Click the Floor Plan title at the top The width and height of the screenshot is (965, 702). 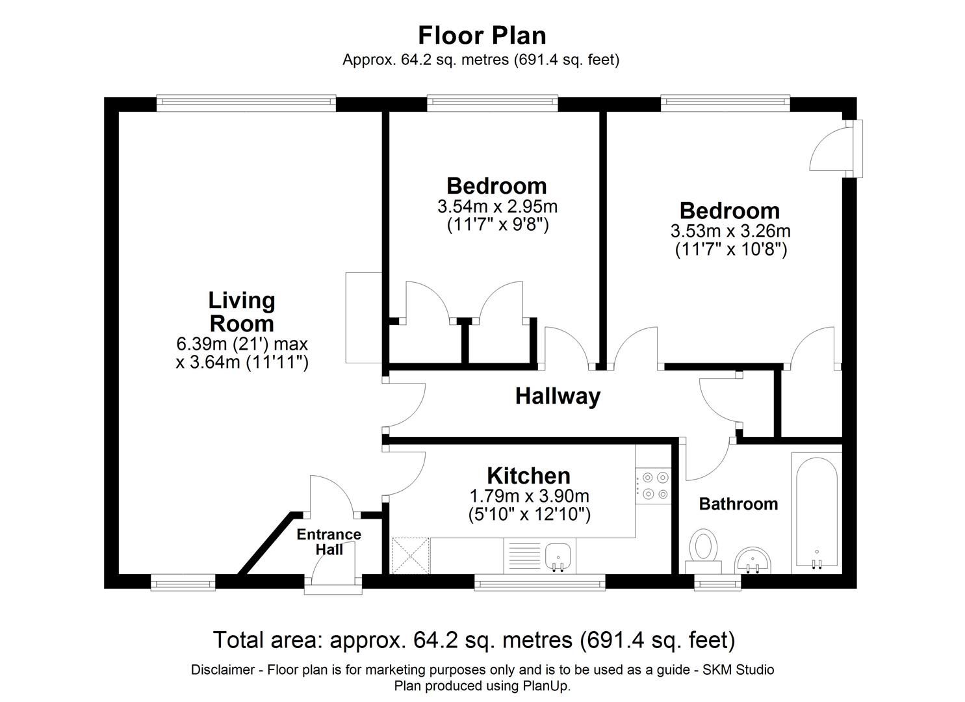(x=482, y=35)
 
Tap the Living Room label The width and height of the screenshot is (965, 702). (x=242, y=312)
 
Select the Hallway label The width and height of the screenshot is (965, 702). (x=558, y=396)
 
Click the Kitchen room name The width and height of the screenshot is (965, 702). (x=528, y=476)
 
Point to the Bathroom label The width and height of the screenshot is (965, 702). (x=738, y=504)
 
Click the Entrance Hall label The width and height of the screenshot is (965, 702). (x=329, y=541)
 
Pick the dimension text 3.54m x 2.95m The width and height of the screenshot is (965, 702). (x=498, y=207)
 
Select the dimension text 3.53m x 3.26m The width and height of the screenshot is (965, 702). (x=730, y=231)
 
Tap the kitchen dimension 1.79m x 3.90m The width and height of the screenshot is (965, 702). (x=529, y=496)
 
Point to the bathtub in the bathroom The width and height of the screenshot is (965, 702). (x=817, y=513)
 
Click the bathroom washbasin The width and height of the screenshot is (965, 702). (x=753, y=561)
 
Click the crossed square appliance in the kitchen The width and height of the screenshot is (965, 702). (x=410, y=556)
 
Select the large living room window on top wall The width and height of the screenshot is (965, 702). (x=246, y=103)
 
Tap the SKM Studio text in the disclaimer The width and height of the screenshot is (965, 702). (x=739, y=669)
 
